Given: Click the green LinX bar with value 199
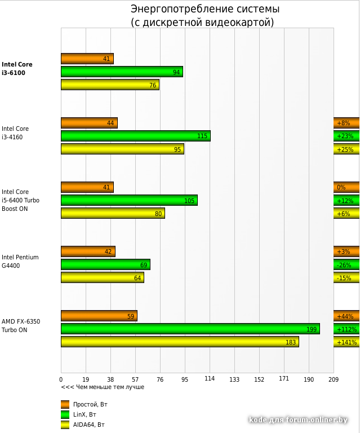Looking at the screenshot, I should coord(190,329).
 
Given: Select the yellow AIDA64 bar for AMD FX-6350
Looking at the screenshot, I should coord(180,342).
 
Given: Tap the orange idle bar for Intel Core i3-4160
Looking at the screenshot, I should coord(89,123).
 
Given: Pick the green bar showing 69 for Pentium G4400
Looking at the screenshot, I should coord(105,264).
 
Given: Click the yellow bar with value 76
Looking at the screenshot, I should coord(110,85).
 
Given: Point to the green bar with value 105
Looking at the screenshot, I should coord(129,200).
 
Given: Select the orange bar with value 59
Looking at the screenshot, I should coord(99,316).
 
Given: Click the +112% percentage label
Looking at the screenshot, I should coord(346,329).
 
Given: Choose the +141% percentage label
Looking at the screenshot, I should coord(346,342).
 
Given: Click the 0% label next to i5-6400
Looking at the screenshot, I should coord(341,187).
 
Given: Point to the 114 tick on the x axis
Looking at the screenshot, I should coord(210,379).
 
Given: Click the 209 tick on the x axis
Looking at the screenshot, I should coord(334,379).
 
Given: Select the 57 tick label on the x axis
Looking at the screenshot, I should coord(135,379).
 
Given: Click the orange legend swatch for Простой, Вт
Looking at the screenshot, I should coord(65,404).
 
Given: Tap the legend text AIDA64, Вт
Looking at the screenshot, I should coord(89,425).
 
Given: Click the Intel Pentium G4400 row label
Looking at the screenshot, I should coord(20,261).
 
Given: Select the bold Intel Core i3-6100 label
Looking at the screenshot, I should coord(17,68).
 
